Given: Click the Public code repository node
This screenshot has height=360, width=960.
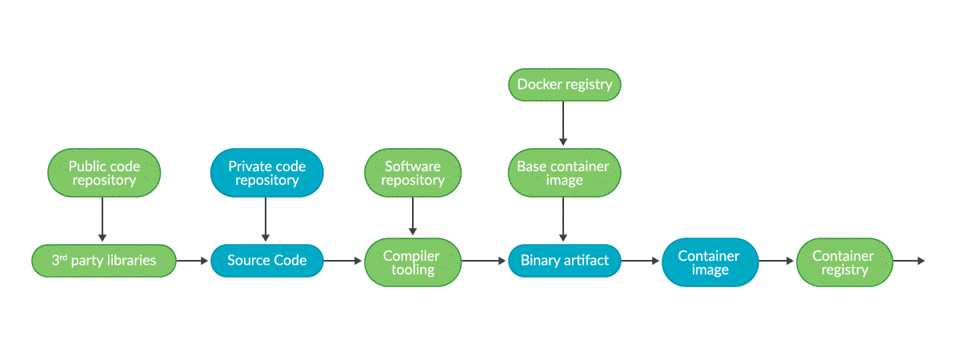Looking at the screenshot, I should tap(104, 173).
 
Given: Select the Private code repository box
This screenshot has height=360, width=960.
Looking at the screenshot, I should tap(266, 173).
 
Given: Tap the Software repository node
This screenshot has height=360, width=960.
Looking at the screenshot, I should tap(413, 173).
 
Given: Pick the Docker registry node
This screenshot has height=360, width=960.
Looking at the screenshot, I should tap(565, 85).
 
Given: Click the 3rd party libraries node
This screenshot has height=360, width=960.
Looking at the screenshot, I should tap(103, 261).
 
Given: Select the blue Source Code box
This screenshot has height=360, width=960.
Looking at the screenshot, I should tap(266, 261).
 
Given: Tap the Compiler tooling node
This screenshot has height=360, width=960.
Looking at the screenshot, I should tap(413, 262).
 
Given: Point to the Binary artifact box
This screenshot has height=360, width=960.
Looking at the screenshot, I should tap(565, 261).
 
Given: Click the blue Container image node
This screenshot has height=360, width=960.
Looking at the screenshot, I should tap(710, 262).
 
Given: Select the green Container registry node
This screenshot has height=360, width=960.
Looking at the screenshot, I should tap(844, 262).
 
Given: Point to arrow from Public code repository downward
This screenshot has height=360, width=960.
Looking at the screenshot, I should tap(102, 218).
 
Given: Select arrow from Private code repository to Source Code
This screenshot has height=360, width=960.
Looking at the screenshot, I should tap(266, 218).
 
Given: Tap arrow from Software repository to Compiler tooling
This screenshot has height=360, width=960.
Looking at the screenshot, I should tap(413, 216).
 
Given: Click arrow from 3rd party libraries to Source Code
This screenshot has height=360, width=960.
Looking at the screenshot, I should tap(192, 261).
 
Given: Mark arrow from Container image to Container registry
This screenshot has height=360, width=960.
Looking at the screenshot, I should tap(776, 261).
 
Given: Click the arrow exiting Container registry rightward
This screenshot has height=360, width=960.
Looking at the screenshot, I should tap(909, 261).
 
